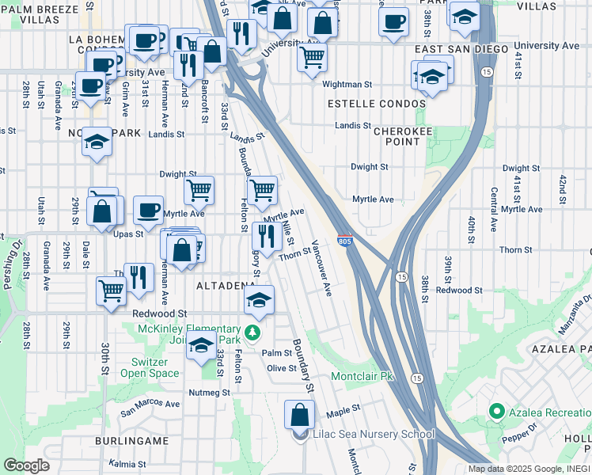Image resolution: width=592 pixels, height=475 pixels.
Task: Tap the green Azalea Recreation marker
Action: tap(497, 412)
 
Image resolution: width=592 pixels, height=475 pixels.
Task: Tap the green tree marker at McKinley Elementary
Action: tap(252, 331)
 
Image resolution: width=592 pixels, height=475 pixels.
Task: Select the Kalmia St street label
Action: tap(128, 465)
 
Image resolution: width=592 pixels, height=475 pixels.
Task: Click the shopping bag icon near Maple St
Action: tap(300, 414)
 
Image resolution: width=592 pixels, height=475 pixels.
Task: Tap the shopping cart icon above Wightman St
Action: tap(313, 56)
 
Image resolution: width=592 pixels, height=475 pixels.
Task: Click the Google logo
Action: tap(26, 465)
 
